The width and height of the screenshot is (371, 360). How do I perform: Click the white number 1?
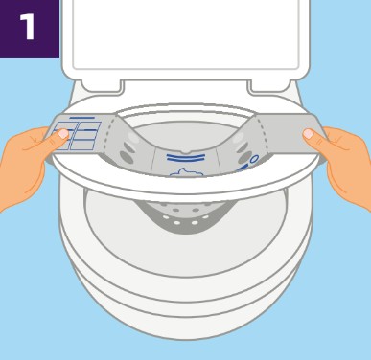point(28,27)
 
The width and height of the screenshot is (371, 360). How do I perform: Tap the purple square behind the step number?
point(30,29)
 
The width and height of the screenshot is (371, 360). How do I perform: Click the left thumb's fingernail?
point(63,133)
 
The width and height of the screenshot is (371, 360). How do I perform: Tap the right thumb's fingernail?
point(308,133)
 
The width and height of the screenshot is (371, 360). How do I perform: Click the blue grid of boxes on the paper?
point(77,136)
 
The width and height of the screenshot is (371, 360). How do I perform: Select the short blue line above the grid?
point(82,118)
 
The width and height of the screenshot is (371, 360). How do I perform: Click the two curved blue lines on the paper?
point(186,157)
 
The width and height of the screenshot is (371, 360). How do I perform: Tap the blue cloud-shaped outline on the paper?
point(186,172)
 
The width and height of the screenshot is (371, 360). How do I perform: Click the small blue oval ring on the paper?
point(254,159)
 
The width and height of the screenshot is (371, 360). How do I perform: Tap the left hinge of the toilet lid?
point(102,87)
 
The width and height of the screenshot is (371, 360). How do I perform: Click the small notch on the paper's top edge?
point(185,151)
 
